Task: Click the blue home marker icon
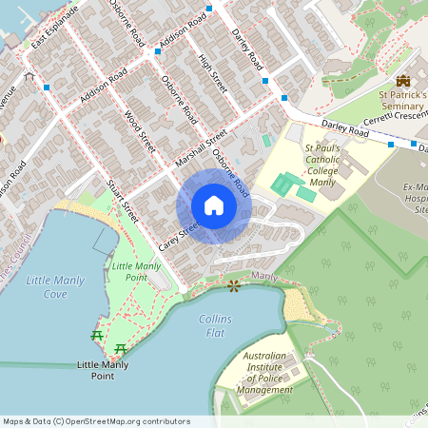(x=214, y=205)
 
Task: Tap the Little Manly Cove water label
(x=55, y=286)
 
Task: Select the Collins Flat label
(x=216, y=327)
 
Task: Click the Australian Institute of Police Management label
(x=264, y=373)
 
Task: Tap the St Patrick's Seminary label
(x=402, y=102)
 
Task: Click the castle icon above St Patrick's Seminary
(x=402, y=80)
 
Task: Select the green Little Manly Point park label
(x=136, y=271)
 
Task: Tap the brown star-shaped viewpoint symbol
(x=233, y=284)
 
